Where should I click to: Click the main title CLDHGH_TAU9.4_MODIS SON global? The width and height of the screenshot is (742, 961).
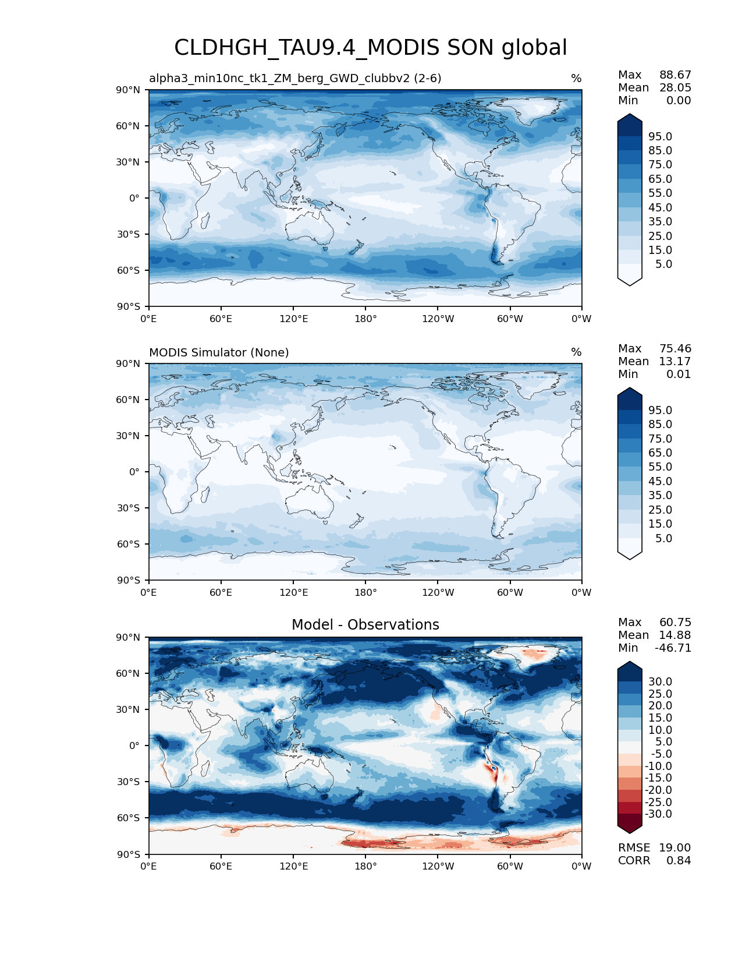[371, 48]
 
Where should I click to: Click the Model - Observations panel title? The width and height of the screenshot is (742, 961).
[365, 625]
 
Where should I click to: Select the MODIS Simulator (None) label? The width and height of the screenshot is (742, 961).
[219, 352]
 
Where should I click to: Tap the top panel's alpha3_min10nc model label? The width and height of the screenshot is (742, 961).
[295, 78]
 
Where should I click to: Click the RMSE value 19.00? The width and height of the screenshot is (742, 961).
[674, 847]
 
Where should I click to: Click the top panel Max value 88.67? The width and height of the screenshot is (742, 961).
[675, 75]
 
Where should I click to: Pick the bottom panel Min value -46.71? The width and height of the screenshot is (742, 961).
[673, 648]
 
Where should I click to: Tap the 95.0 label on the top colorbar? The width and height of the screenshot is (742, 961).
[660, 136]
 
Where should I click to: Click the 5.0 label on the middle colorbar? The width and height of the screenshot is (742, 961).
[663, 538]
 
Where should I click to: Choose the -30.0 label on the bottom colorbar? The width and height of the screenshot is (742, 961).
[658, 814]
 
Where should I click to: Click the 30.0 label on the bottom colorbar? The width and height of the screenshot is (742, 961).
[660, 681]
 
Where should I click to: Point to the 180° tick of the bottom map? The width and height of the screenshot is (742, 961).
[365, 866]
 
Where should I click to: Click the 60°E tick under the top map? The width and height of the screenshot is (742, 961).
[221, 319]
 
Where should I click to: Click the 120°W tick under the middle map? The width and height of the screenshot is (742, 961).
[438, 592]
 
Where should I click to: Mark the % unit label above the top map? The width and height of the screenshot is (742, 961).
[576, 78]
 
